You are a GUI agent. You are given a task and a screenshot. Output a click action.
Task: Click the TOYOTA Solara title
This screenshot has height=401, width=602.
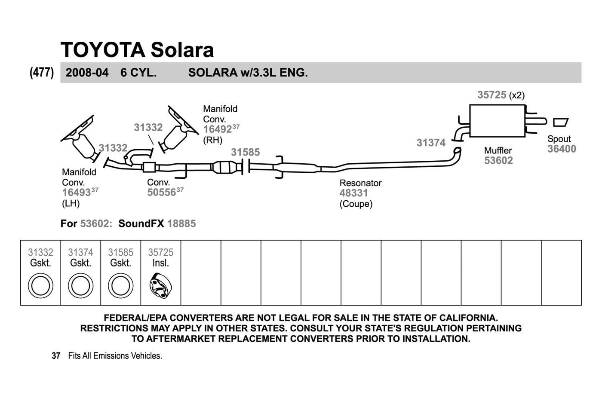[137, 50]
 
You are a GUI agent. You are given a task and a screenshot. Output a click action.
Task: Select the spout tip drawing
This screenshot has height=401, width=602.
[561, 122]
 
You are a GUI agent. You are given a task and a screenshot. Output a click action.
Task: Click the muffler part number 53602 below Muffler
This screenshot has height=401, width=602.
[498, 160]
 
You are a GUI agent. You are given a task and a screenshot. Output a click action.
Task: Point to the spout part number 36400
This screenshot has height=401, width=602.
[562, 149]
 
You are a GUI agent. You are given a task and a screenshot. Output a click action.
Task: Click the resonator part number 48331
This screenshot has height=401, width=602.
[353, 193]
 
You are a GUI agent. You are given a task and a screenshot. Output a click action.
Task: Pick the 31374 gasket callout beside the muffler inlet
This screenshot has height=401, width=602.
[431, 143]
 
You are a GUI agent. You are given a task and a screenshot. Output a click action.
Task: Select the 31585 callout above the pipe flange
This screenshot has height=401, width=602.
[246, 152]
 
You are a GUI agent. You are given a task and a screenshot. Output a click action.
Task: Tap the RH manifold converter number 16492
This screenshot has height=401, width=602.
[218, 129]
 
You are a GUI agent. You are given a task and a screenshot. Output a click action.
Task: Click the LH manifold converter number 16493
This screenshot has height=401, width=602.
[77, 193]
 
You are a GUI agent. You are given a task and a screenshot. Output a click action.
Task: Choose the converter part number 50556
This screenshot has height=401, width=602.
[162, 192]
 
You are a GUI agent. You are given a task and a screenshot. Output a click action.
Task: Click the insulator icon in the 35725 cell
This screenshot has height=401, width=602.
[161, 285]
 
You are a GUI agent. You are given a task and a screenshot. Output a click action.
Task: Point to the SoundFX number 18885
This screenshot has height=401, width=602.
[181, 223]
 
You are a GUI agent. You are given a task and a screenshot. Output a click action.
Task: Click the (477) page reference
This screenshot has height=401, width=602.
[42, 73]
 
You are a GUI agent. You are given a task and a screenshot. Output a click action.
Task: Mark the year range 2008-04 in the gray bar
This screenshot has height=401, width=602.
[87, 73]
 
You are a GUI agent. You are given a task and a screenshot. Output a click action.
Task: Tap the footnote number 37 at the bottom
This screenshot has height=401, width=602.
[56, 355]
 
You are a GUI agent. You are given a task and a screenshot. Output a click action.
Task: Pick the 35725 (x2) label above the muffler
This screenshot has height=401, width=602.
[501, 95]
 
